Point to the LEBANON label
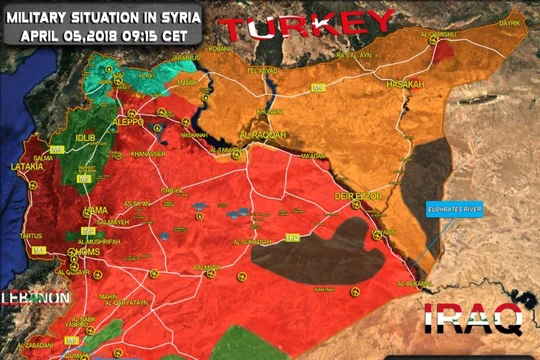35,297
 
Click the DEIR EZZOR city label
357,197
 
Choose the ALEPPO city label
127,121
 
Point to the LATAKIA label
27,168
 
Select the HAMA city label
96,208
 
